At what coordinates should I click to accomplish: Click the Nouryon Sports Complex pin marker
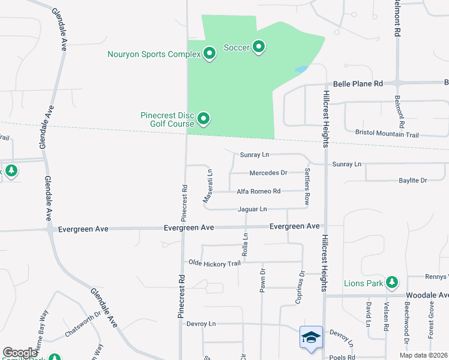[209, 54]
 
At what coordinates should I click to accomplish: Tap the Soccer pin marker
[259, 47]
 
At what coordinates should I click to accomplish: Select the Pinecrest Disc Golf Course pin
[203, 119]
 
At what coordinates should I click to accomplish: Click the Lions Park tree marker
[392, 281]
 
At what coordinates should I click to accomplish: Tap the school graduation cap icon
[311, 337]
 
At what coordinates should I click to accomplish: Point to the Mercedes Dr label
[268, 173]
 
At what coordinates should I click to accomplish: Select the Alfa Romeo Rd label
[259, 191]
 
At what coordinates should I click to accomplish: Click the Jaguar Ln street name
[252, 209]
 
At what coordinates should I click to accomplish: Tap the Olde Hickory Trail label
[214, 263]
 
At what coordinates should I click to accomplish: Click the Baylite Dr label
[412, 180]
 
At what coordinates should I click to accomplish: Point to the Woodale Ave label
[427, 295]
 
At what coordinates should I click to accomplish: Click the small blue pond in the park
[301, 69]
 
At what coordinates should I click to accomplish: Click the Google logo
[20, 353]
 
